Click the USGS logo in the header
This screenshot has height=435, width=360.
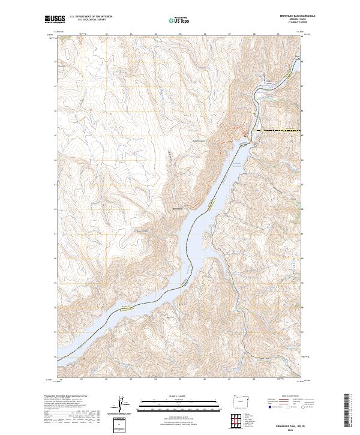coord(55,19)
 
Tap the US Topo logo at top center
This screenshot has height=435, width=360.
coord(174,20)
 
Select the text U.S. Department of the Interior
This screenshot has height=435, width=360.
coord(91,17)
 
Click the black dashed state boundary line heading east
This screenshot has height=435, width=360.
coord(279,130)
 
